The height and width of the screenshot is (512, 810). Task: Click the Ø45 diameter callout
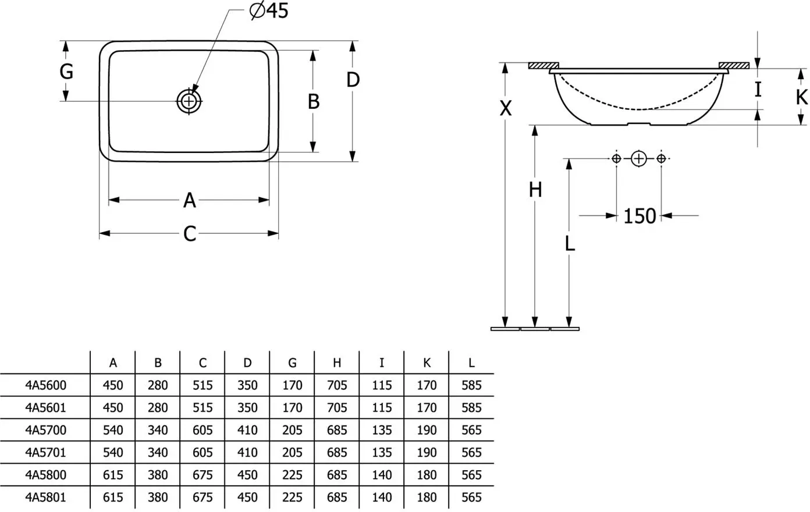269,11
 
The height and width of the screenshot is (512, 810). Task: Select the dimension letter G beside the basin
66,71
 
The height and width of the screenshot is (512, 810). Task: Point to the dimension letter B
314,102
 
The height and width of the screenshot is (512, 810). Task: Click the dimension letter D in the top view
353,80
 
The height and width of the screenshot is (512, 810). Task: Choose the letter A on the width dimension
190,200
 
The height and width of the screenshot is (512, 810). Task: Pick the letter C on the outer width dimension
190,233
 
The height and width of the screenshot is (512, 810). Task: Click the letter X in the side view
506,108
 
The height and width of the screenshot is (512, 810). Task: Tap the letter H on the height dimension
535,190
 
